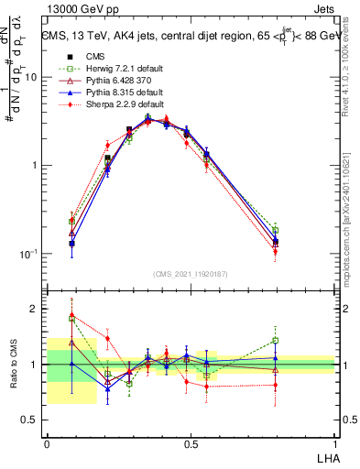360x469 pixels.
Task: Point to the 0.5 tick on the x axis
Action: [191, 443]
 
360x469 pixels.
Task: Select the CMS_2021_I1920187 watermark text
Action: [191, 275]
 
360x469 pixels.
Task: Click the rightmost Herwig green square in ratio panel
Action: [276, 341]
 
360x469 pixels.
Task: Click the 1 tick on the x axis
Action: [335, 443]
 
